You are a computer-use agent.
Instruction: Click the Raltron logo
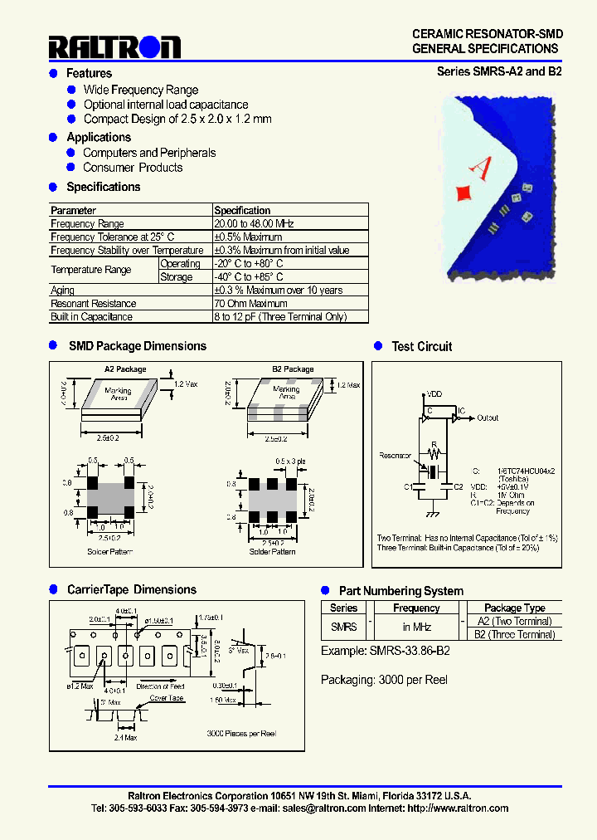114,47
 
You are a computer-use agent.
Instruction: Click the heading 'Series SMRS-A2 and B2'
499,71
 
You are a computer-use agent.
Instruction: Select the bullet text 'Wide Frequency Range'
141,90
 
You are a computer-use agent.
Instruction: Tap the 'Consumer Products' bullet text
133,168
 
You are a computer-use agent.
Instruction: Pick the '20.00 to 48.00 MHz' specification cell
254,224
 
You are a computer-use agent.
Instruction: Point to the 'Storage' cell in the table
177,277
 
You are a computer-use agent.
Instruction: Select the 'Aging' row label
62,291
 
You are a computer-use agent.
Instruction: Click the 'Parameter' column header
73,211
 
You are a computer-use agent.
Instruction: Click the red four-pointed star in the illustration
464,193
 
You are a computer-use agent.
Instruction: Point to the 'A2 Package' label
124,369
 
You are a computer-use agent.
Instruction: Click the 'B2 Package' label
293,369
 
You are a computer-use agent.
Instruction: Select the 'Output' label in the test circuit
488,418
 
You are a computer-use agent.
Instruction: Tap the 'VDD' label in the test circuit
434,394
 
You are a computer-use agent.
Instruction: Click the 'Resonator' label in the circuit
395,456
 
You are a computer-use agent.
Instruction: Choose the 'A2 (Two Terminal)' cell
514,622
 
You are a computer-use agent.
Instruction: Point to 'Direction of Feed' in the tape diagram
162,686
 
